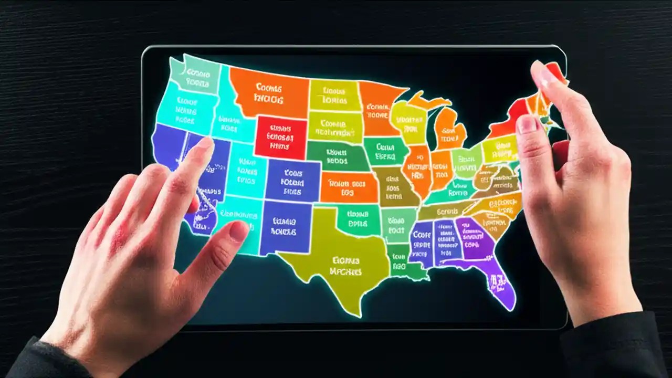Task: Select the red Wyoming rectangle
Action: point(281,138)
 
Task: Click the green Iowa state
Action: point(386,151)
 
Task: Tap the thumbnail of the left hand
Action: point(239,231)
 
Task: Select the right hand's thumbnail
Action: point(527,124)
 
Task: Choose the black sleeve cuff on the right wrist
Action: point(609,341)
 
